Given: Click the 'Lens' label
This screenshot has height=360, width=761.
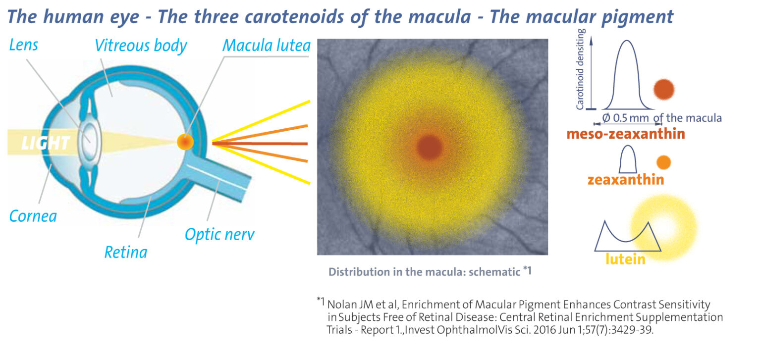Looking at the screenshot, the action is (23, 45).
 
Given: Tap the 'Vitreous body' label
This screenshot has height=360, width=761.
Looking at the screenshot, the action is (141, 46).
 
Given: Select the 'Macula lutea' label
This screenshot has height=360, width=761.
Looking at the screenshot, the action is (267, 46).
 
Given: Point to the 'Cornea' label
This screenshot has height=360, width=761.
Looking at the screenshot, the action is (33, 216).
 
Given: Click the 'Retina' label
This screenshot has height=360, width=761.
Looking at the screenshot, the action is (126, 253).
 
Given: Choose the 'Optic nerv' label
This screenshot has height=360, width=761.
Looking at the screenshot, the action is (219, 235).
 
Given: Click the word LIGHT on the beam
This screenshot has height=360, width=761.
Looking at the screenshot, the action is (46, 143).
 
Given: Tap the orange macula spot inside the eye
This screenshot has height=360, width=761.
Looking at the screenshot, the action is (185, 142).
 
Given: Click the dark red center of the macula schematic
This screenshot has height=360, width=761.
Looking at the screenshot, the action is (430, 148).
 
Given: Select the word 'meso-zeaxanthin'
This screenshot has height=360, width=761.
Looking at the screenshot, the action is (625, 134).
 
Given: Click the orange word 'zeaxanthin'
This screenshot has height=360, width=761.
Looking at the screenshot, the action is (625, 180).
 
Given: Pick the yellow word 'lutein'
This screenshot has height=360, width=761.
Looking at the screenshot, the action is (625, 259).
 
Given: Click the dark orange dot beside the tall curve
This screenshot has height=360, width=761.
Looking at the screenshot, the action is (664, 89).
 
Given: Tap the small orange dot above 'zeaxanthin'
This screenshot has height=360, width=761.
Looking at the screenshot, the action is (663, 162).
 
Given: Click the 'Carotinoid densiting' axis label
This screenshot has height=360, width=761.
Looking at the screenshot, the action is (581, 69).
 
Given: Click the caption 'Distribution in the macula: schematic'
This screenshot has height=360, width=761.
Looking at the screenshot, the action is (424, 272).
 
